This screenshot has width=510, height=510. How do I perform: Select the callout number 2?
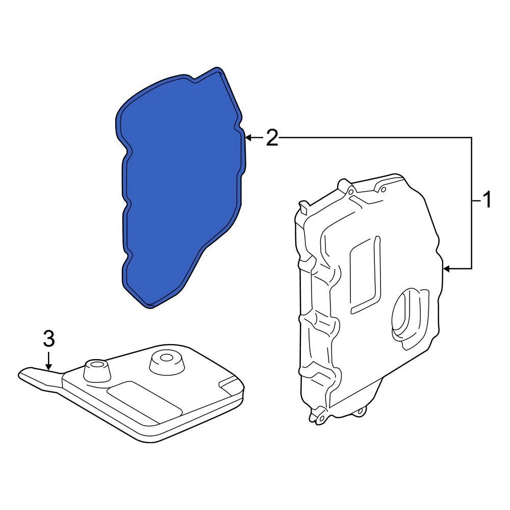click(273, 138)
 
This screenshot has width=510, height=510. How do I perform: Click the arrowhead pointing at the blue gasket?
click(248, 138)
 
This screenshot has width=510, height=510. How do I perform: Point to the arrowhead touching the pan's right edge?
click(447, 268)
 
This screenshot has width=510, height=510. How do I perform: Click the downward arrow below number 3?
click(48, 364)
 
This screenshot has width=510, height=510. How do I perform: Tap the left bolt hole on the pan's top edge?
click(350, 192)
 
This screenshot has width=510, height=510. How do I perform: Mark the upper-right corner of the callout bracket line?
click(471, 138)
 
